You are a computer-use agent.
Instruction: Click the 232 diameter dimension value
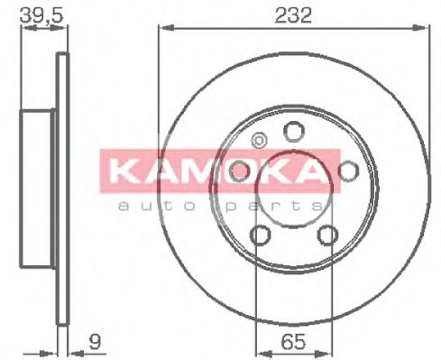coord(293,15)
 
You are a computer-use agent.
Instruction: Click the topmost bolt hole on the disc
coord(292,132)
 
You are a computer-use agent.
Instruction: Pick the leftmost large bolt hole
coord(239,171)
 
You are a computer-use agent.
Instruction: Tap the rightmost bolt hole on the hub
coord(346,171)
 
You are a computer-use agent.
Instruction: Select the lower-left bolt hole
coord(260,235)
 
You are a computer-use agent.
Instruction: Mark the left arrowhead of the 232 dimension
coord(163,28)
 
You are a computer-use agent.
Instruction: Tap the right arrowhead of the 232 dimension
coord(421,28)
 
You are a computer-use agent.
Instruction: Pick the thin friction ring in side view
coord(62,190)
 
